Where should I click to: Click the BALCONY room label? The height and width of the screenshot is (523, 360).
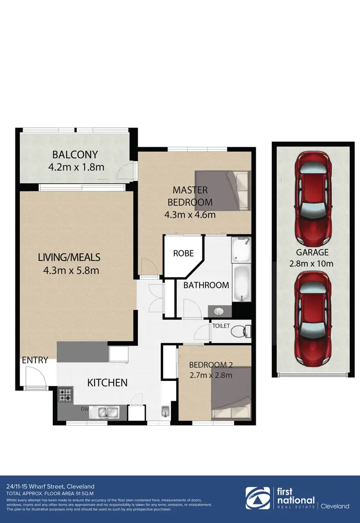(x=75, y=155)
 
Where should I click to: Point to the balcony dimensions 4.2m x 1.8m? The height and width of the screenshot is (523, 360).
(x=76, y=167)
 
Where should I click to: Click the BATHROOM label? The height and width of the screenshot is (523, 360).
(x=206, y=285)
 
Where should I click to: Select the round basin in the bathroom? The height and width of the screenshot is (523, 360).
(x=219, y=311)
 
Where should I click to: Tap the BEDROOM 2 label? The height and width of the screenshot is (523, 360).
(x=211, y=364)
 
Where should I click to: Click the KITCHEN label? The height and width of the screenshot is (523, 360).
(x=107, y=382)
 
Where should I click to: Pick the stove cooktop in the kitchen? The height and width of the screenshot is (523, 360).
(x=65, y=395)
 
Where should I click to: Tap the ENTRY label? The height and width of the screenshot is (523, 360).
(x=35, y=360)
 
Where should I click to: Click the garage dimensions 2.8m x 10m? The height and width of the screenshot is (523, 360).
(x=312, y=258)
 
